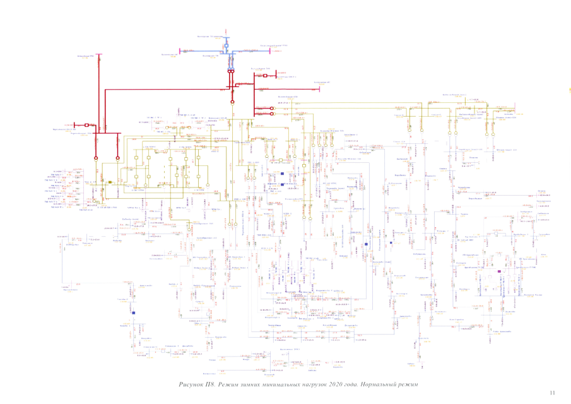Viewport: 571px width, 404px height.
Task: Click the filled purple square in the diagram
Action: pos(499,271)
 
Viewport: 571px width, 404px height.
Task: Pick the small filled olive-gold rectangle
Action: pos(110,182)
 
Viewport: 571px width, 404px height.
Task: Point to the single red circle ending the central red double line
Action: pos(232,101)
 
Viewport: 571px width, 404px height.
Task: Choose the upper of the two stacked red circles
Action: pos(272,108)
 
